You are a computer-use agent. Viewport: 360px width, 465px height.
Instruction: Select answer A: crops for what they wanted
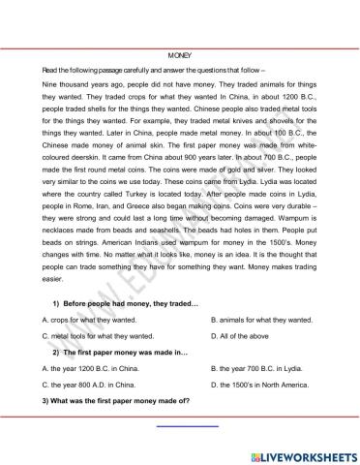[89, 319]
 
